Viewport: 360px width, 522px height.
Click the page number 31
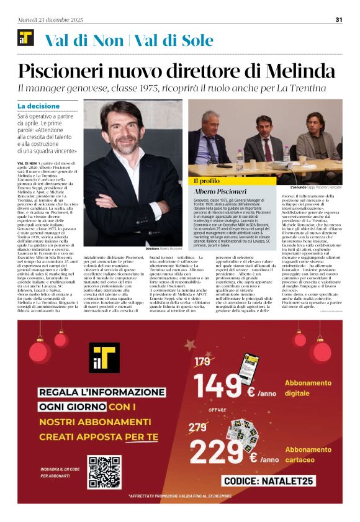pyautogui.click(x=339, y=19)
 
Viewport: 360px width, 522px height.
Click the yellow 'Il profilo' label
pyautogui.click(x=206, y=181)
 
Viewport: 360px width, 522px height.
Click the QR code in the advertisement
pyautogui.click(x=104, y=471)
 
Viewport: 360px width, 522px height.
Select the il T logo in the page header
pyautogui.click(x=25, y=38)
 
